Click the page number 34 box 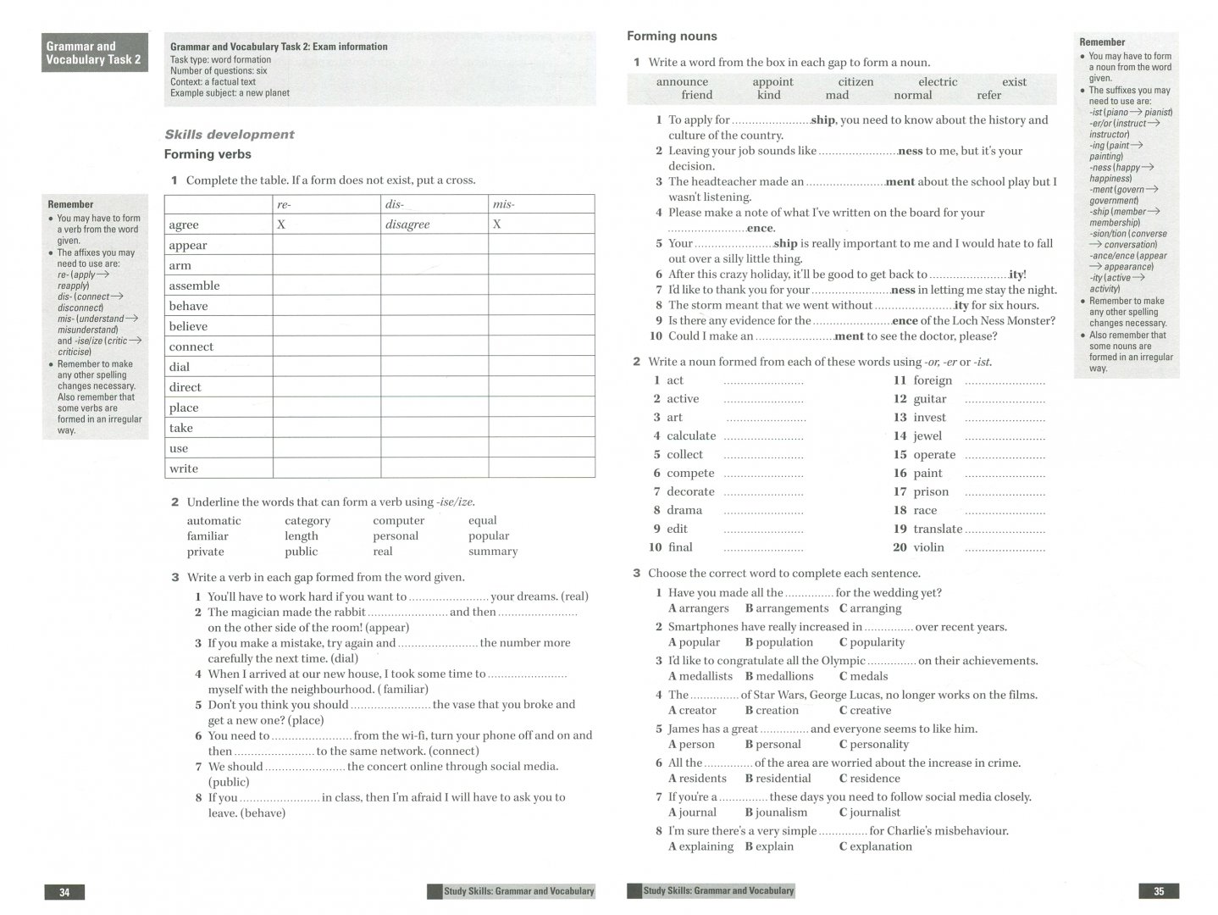(64, 891)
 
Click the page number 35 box (1159, 891)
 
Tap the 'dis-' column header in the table (395, 204)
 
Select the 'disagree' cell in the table (407, 225)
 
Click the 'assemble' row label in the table (194, 286)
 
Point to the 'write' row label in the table (183, 469)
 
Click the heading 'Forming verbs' (208, 154)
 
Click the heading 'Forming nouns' (672, 36)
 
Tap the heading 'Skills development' (230, 134)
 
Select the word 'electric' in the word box (938, 82)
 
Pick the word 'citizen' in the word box (855, 82)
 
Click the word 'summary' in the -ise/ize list (492, 552)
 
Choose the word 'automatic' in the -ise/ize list (213, 521)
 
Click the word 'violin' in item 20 (928, 547)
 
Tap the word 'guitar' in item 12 (930, 399)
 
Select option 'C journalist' (870, 812)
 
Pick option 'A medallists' (700, 676)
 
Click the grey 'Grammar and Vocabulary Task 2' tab (94, 53)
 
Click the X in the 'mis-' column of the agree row (497, 225)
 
